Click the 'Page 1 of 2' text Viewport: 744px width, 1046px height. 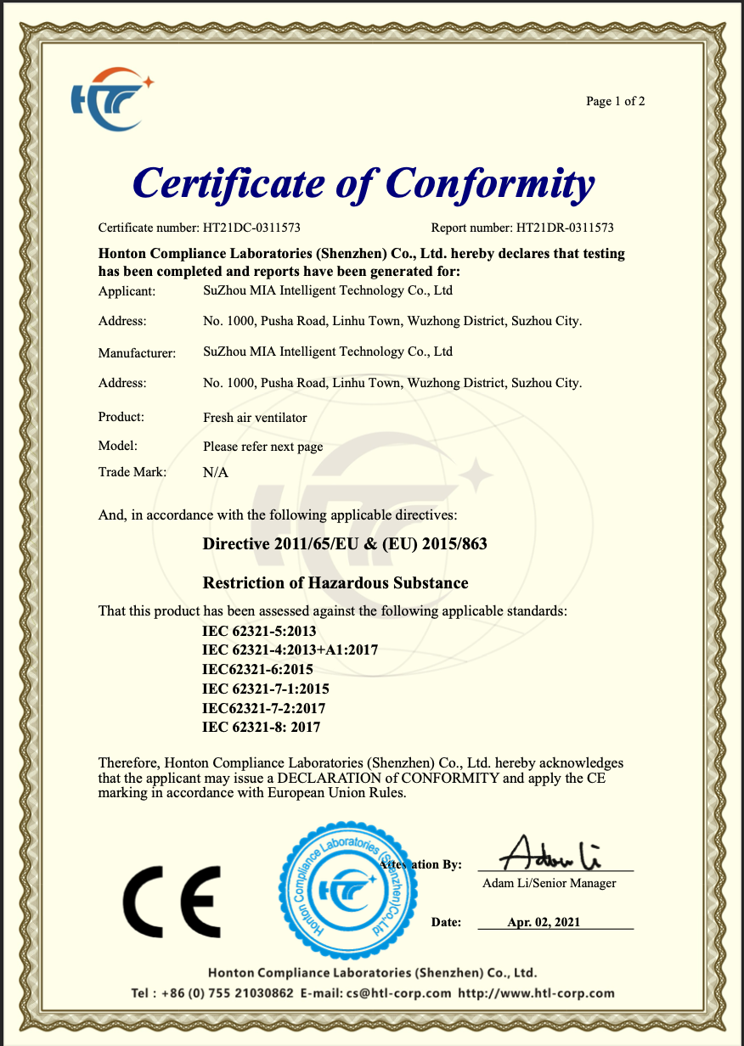[x=615, y=102]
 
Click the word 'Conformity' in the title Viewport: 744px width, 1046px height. [x=489, y=183]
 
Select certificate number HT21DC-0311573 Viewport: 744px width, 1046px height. [x=251, y=228]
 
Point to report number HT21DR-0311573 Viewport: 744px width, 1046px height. [x=565, y=228]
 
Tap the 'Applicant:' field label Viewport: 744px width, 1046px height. [x=127, y=291]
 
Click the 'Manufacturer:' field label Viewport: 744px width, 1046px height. [x=137, y=352]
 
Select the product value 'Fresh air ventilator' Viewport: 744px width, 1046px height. [x=255, y=418]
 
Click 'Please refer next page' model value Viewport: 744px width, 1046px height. [x=262, y=447]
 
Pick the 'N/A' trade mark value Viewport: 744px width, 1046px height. [x=216, y=473]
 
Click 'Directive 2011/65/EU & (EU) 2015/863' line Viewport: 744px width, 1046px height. [x=345, y=544]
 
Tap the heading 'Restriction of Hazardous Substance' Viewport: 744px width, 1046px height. [x=335, y=583]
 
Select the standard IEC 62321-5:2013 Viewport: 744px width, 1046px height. [x=259, y=631]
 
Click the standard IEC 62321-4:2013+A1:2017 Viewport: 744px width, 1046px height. [x=290, y=650]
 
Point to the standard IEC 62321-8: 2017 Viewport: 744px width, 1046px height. [x=261, y=728]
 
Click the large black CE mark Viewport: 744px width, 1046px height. [x=172, y=901]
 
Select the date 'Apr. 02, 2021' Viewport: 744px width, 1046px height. [x=544, y=922]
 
